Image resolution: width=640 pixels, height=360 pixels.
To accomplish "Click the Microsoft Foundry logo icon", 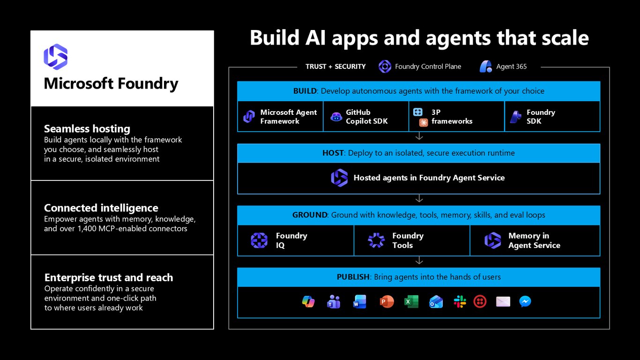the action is coord(56,57).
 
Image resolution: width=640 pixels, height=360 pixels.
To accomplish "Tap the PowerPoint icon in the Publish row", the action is coord(387,302).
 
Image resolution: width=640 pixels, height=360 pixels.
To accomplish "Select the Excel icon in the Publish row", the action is coord(411,302).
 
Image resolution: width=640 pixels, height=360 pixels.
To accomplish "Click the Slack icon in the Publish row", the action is coord(460,302).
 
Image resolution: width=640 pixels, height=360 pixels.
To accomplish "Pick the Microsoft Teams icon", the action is coord(334,302).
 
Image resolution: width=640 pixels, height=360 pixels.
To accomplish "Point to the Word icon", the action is coord(359,302).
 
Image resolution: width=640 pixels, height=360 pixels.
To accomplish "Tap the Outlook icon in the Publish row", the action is coord(436,302).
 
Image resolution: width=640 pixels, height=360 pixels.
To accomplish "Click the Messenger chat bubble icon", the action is coord(525,302).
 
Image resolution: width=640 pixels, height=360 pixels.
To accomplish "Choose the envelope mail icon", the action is coord(503,302).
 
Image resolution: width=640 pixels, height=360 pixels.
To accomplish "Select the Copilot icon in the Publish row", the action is coord(308,302).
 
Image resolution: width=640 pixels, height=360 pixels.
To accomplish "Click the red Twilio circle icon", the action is coord(480,302).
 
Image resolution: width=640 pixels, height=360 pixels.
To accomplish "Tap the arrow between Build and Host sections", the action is coord(419,136).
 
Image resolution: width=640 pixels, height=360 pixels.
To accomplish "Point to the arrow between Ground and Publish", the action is coord(419,260).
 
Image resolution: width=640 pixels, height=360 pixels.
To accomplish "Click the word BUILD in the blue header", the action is coord(305,91).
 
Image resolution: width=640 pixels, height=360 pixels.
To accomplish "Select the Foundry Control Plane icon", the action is coord(385,67).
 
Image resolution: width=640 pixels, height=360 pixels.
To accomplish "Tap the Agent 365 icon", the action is coord(486,67).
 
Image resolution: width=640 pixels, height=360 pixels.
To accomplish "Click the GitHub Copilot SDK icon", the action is coord(336,117).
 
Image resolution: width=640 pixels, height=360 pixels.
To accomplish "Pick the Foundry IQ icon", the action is coord(259,240).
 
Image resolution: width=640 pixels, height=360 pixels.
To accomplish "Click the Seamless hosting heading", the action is coord(87,129).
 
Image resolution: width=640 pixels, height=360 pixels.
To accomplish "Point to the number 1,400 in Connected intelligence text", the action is coord(87,228).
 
